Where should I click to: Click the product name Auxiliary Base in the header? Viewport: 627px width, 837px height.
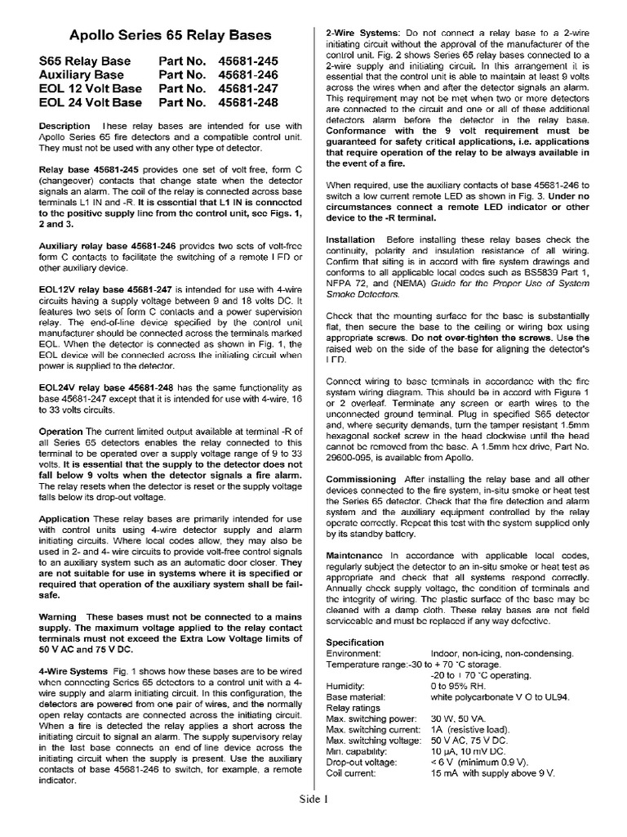click(x=84, y=75)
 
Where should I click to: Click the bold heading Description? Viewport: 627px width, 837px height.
click(x=64, y=126)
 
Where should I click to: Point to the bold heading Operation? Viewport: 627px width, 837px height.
click(x=60, y=431)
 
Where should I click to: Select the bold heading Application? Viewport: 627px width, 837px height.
click(x=64, y=518)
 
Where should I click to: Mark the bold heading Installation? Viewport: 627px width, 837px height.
click(x=350, y=240)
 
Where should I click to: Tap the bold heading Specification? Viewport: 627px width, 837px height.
click(x=354, y=642)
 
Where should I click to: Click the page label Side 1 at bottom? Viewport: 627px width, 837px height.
click(x=313, y=821)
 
